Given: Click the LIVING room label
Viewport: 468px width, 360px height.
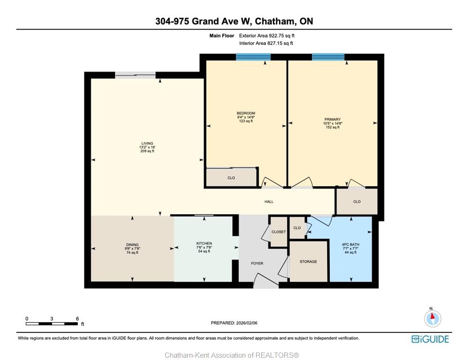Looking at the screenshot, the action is point(147,143).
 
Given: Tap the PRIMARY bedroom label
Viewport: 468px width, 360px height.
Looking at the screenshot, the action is point(332,120).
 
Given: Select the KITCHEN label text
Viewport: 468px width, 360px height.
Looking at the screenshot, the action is point(204,243).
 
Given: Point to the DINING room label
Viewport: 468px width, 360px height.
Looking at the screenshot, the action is point(132,245).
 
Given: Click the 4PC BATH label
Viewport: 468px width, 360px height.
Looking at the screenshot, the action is point(351,245).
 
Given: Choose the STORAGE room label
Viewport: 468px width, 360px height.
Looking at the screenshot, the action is point(308,262).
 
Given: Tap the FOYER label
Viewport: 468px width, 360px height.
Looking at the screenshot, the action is point(257,263).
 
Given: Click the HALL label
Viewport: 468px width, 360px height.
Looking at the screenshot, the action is point(269,202).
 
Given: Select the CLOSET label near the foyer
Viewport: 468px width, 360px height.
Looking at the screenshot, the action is point(279,232).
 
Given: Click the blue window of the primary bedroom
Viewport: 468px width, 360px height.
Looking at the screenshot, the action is point(328,57).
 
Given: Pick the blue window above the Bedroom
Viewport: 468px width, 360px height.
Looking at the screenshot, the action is point(253,57).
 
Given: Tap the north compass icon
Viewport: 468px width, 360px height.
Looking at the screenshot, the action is point(432,318).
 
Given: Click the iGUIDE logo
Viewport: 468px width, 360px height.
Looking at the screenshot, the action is point(430,339).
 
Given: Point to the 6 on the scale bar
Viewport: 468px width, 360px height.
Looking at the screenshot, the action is point(77,319).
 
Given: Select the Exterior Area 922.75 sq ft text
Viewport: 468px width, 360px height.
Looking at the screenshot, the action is point(267,36).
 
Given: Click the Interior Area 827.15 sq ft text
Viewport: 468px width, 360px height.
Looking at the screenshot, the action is point(266,43).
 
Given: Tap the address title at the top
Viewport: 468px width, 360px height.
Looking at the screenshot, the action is point(234,21).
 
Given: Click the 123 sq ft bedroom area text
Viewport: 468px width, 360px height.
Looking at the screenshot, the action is point(246,121).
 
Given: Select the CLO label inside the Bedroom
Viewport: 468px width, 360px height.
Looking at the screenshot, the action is point(231,178).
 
